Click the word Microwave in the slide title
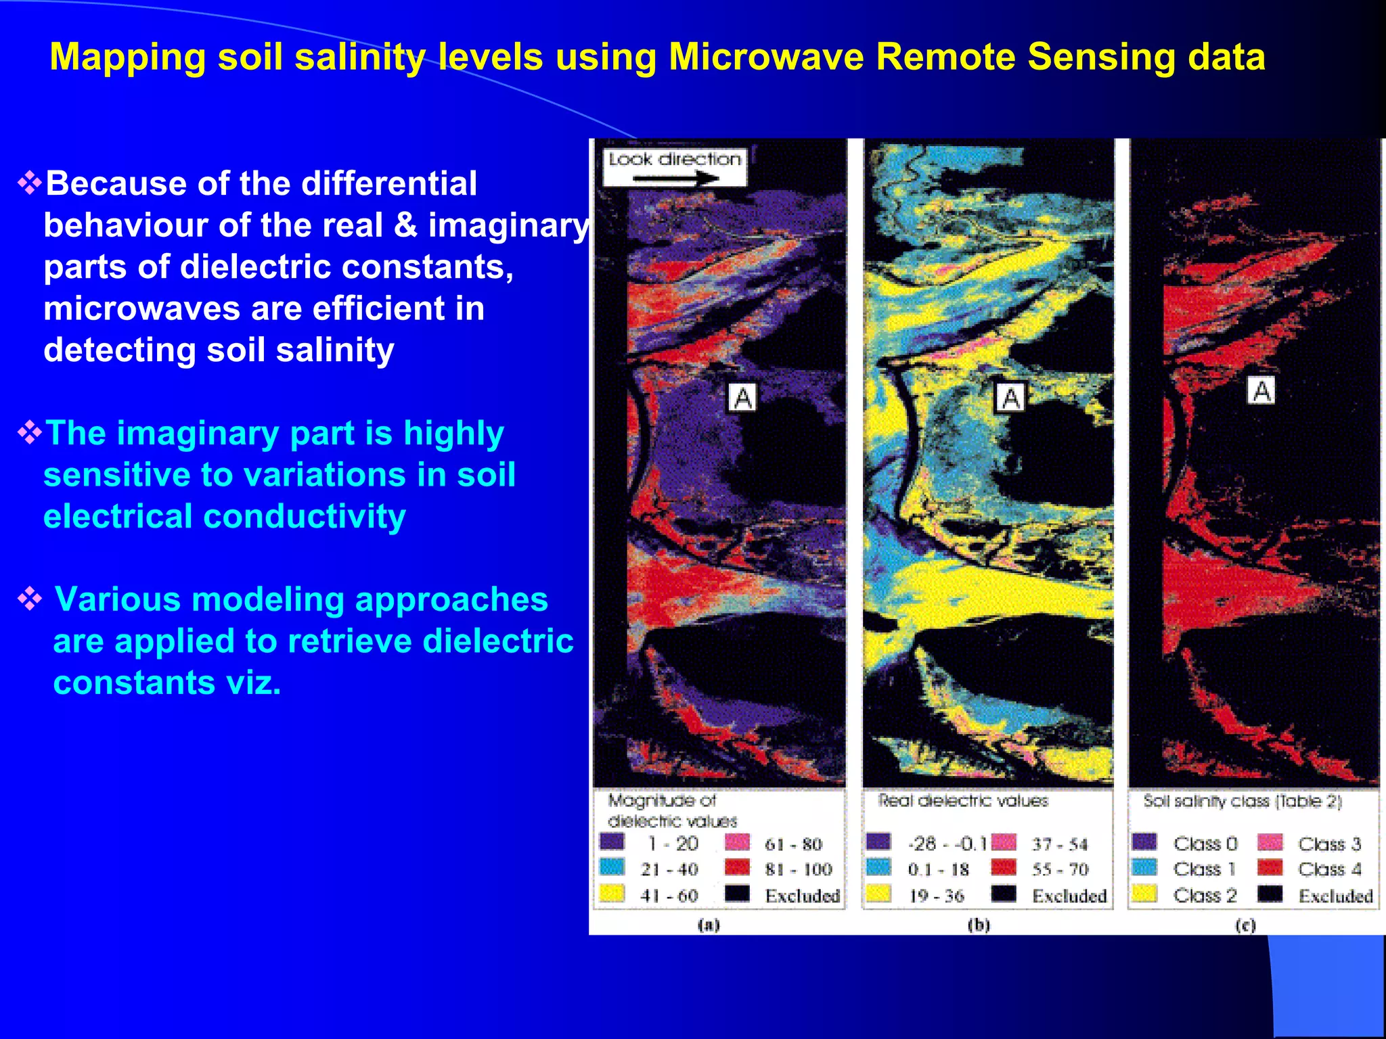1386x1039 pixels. [766, 57]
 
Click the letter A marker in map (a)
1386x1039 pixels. [742, 398]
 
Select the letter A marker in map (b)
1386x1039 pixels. [1010, 398]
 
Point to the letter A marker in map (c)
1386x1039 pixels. [1261, 391]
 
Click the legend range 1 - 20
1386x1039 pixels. [673, 844]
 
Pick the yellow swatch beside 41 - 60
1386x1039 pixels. [612, 894]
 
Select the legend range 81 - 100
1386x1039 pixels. [798, 869]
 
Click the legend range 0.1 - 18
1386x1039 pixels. [938, 869]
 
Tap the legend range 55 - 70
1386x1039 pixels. [1060, 869]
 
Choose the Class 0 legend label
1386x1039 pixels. [1205, 844]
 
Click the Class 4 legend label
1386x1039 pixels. [1329, 869]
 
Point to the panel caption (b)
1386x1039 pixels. [979, 925]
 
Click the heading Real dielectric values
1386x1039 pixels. [962, 801]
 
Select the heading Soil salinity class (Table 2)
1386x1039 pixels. [1243, 802]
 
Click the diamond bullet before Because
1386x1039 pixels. [30, 183]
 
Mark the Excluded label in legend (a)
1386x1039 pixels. [802, 896]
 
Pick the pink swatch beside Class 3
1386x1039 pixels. [1270, 843]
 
